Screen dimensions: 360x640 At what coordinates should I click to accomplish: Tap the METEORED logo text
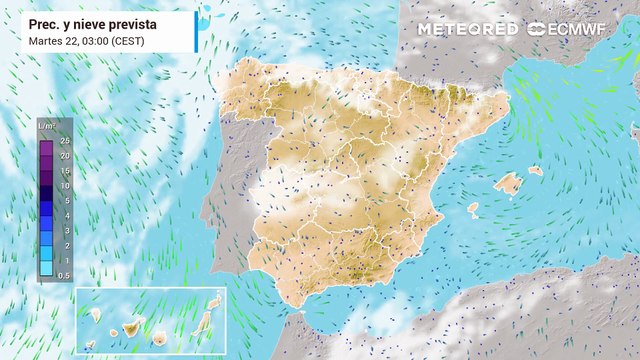[x=467, y=29]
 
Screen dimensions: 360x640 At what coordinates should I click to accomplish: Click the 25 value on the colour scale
[x=65, y=141]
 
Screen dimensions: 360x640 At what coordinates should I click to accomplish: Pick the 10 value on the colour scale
[x=65, y=186]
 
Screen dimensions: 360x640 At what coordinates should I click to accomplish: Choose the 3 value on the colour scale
[x=65, y=230]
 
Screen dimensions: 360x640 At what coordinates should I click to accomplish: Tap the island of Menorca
[x=536, y=170]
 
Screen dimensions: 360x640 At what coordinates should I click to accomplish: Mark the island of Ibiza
[x=473, y=209]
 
